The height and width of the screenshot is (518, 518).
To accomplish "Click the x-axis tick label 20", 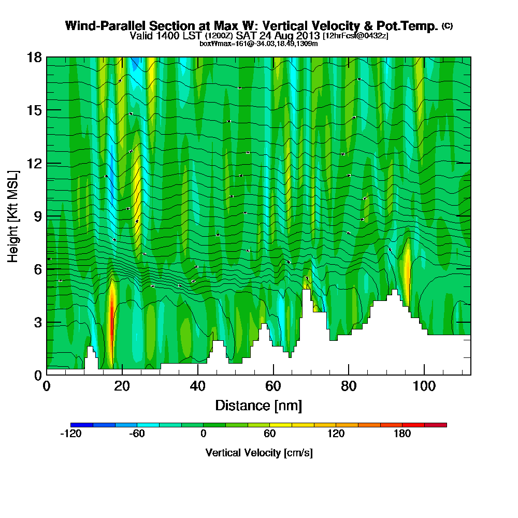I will (x=122, y=386).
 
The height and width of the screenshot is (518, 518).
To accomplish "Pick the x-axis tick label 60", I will (x=273, y=386).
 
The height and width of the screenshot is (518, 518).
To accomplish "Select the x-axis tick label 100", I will (x=424, y=386).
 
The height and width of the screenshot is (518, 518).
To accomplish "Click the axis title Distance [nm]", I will (x=258, y=405).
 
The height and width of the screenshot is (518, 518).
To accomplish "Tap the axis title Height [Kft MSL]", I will (x=13, y=216).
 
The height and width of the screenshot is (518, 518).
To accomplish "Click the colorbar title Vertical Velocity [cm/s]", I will (x=258, y=453).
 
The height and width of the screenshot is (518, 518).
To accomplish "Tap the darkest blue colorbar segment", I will (x=82, y=425).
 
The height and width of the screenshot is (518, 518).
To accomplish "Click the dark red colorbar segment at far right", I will (x=436, y=425).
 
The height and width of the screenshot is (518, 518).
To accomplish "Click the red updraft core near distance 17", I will (x=112, y=316).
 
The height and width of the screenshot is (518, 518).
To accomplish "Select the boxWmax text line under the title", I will (x=258, y=44).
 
